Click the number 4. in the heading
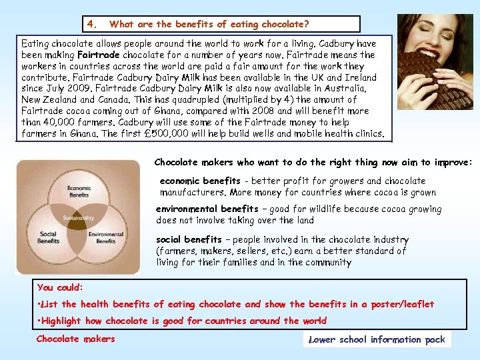point(91,25)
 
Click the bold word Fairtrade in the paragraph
point(99,55)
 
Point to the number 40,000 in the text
point(63,122)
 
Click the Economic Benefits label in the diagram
point(79,192)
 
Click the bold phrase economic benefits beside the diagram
point(200,181)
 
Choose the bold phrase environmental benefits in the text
point(207,209)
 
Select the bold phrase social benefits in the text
point(189,239)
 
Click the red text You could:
point(60,287)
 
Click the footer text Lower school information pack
point(377,339)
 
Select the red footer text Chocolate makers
point(75,339)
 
